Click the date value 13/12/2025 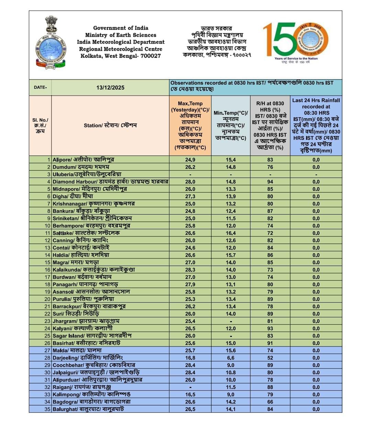110,88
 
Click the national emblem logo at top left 51,42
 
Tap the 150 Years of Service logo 295,42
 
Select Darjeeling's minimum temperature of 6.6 231,358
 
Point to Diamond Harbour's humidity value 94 270,182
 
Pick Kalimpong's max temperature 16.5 190,394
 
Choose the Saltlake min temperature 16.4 231,233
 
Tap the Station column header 110,125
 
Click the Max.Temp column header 190,125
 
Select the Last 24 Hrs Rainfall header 316,125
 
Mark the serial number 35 47,409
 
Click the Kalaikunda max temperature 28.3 190,270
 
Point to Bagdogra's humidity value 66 270,402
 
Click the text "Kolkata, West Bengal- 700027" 121,56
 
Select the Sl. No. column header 40,125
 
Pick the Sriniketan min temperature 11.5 231,218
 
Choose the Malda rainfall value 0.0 316,351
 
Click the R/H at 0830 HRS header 270,125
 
